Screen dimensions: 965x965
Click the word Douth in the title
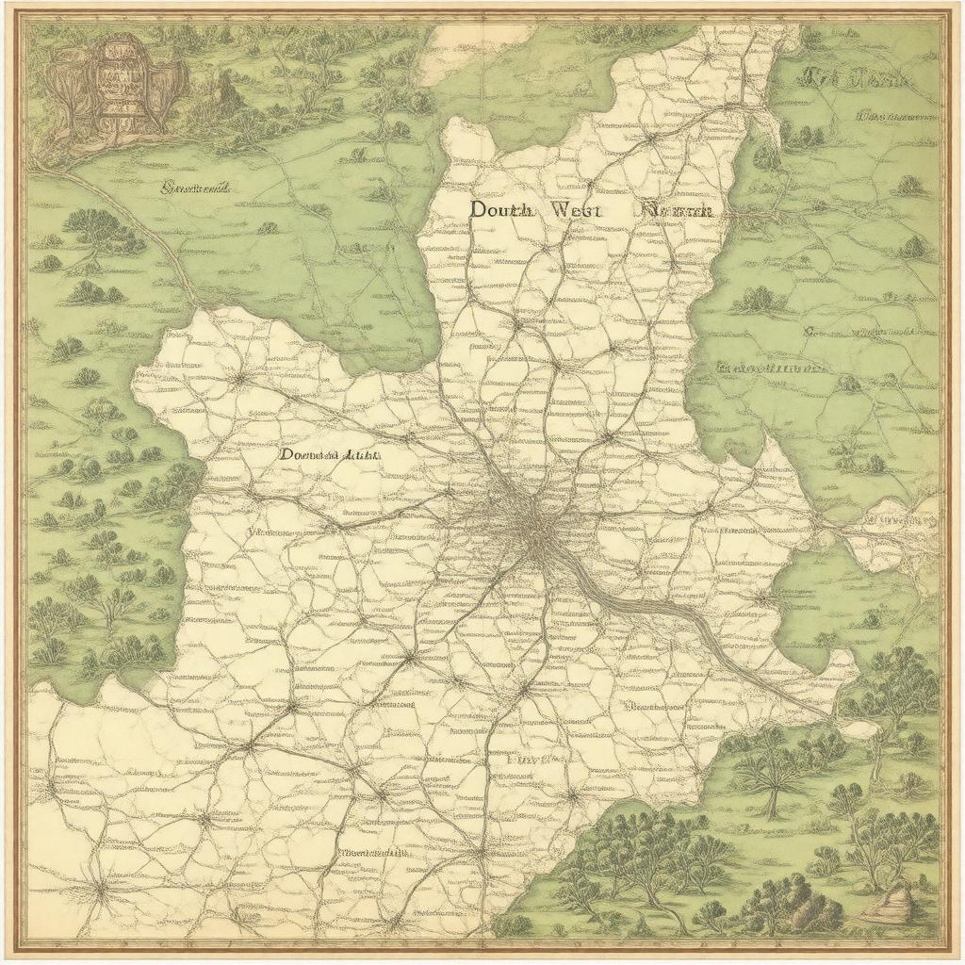[x=501, y=211]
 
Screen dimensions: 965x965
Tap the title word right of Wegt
[x=675, y=211]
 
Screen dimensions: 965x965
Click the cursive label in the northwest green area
[x=197, y=188]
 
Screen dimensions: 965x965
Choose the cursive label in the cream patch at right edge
[x=900, y=519]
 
